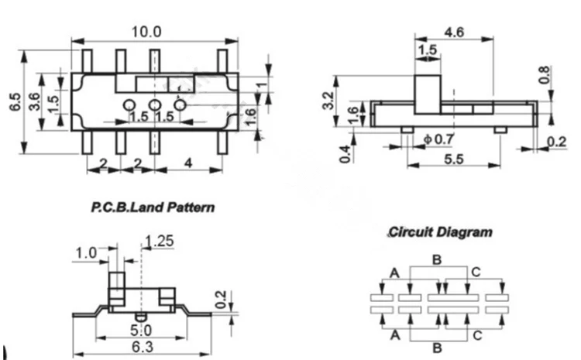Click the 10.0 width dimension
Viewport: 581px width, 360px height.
tap(146, 32)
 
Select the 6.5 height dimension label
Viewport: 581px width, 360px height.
tap(15, 101)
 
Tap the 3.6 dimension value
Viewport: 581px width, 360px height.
tap(34, 101)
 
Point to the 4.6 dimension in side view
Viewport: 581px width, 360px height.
tap(454, 33)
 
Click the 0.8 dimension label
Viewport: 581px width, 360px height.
tap(544, 75)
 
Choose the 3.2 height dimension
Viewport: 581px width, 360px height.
tap(328, 101)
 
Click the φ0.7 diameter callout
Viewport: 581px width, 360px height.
tap(439, 139)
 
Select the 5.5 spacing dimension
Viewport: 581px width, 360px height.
tap(454, 159)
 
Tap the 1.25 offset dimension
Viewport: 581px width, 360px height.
tap(160, 241)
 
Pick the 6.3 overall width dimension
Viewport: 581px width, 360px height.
tap(143, 347)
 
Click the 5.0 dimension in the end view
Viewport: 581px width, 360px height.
tap(141, 330)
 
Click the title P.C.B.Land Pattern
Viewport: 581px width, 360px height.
tap(153, 207)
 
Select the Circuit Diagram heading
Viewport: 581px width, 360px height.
tap(441, 232)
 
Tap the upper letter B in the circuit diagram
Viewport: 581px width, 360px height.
tap(437, 259)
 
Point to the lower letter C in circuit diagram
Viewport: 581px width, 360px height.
tap(477, 335)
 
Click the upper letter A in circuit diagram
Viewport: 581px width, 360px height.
tap(395, 273)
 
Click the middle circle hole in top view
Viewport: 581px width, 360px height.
tap(155, 105)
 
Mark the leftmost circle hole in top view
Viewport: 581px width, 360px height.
tap(129, 105)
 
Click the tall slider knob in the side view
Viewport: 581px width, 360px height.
tap(428, 94)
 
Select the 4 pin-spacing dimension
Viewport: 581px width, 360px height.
tap(188, 163)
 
